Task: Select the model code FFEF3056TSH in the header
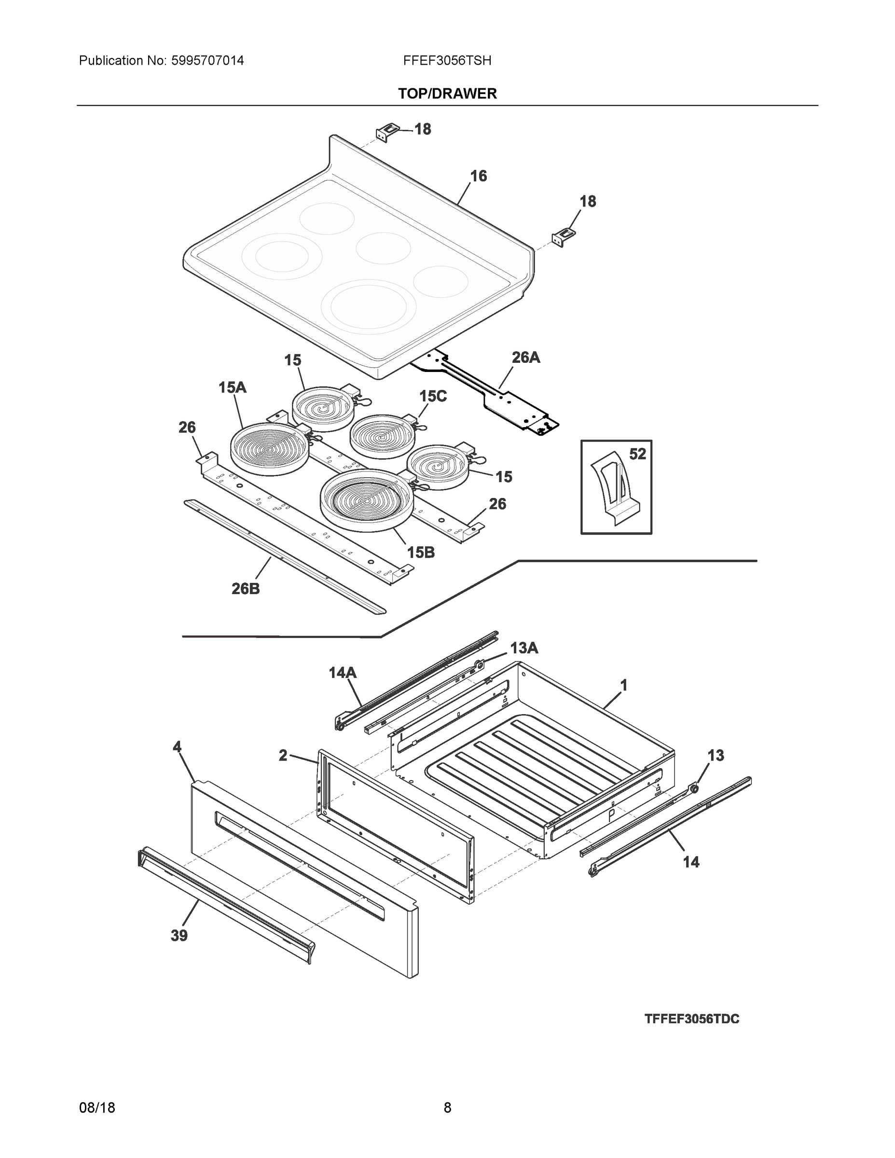(x=447, y=60)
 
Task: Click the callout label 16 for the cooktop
(x=478, y=176)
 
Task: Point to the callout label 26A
(x=525, y=358)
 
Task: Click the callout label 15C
(x=433, y=396)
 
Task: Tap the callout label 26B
(x=246, y=589)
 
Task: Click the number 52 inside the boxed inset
(x=637, y=454)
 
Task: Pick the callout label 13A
(x=524, y=648)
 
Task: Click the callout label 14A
(x=343, y=673)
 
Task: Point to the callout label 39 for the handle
(x=179, y=936)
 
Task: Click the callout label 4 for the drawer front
(x=177, y=747)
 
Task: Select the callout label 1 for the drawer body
(x=624, y=686)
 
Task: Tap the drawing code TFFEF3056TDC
(x=691, y=1019)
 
